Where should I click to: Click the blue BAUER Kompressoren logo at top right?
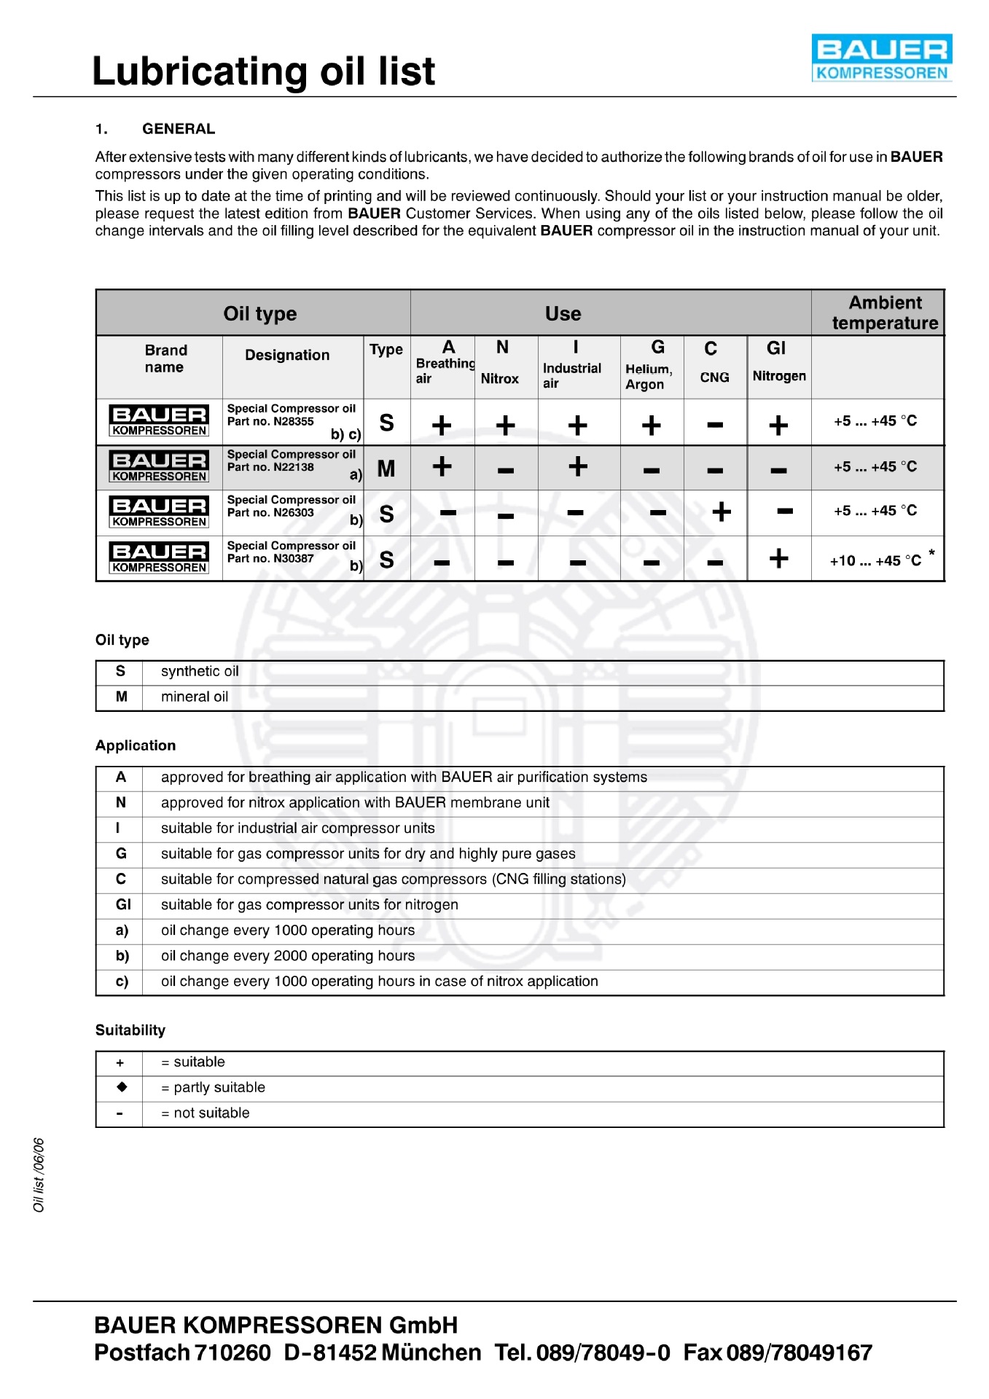pyautogui.click(x=882, y=58)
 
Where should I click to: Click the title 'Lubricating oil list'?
pyautogui.click(x=264, y=71)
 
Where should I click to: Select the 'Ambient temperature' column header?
pyautogui.click(x=885, y=313)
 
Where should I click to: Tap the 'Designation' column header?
pyautogui.click(x=287, y=355)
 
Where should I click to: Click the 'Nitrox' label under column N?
pyautogui.click(x=500, y=379)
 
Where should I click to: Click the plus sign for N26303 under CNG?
pyautogui.click(x=722, y=512)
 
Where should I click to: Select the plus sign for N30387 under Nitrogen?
pyautogui.click(x=778, y=559)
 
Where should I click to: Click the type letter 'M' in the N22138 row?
pyautogui.click(x=386, y=469)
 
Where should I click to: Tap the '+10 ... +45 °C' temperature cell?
pyautogui.click(x=875, y=560)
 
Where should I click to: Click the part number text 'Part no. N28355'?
pyautogui.click(x=270, y=421)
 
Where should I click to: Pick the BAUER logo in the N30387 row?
pyautogui.click(x=160, y=558)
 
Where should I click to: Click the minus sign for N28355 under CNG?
pyautogui.click(x=715, y=425)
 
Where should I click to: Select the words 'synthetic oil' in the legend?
pyautogui.click(x=200, y=671)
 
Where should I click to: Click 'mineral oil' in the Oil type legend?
pyautogui.click(x=195, y=697)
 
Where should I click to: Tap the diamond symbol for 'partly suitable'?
pyautogui.click(x=121, y=1087)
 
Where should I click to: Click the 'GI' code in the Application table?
pyautogui.click(x=123, y=904)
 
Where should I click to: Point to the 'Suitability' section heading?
pyautogui.click(x=130, y=1030)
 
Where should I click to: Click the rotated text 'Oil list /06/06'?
pyautogui.click(x=39, y=1175)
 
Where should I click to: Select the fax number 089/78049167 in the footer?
pyautogui.click(x=800, y=1352)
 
